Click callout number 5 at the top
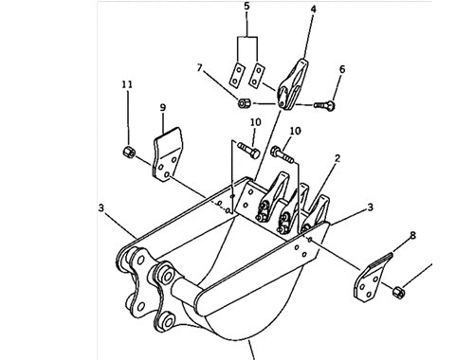[246, 7]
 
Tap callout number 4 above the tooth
[313, 9]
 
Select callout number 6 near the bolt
[342, 69]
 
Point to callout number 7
[199, 68]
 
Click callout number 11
[127, 84]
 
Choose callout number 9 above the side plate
[163, 108]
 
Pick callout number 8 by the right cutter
[412, 235]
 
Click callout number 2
[337, 158]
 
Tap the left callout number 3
[101, 207]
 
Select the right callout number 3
[370, 207]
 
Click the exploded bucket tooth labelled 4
[292, 84]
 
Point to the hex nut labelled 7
[244, 103]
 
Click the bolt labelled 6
[325, 105]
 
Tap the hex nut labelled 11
[129, 152]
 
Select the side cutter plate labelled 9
[168, 154]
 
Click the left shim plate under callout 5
[237, 75]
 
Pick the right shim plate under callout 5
[257, 75]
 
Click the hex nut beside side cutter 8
[399, 292]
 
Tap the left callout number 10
[256, 122]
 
